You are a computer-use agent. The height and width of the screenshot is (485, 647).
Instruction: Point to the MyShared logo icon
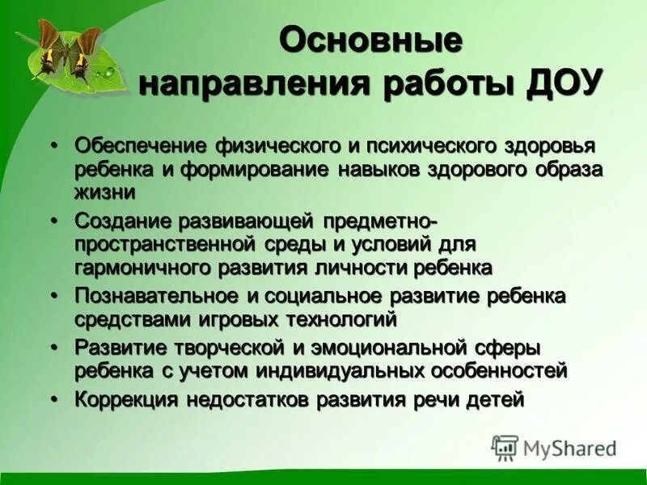coord(505,448)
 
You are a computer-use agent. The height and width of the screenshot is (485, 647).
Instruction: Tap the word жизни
coord(104,192)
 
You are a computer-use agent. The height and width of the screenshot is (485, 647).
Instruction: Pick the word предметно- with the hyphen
coord(380,221)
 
